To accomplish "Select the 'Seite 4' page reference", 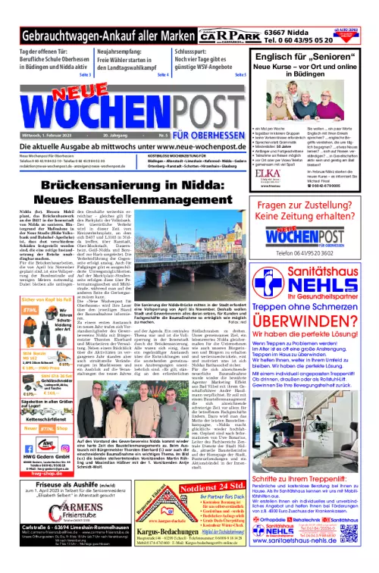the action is [x=162, y=76].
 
